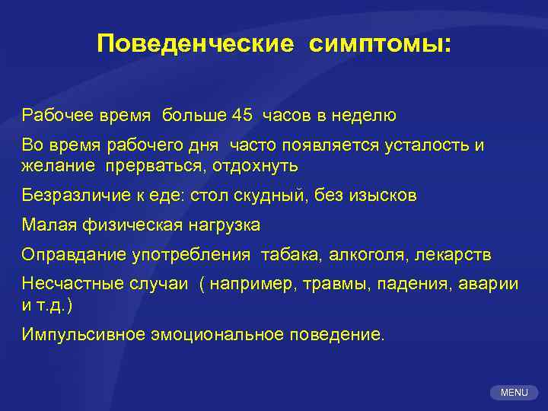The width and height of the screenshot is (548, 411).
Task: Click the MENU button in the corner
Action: pos(514,392)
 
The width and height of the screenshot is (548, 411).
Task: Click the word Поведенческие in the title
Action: pos(195,43)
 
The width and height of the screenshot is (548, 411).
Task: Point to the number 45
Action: pos(242,116)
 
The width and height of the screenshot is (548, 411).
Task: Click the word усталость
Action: pos(429,145)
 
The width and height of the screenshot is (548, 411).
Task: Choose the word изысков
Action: pos(384,195)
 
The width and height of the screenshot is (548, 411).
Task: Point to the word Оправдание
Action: pos(67,254)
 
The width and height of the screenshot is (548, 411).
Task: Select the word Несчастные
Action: pos(67,284)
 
